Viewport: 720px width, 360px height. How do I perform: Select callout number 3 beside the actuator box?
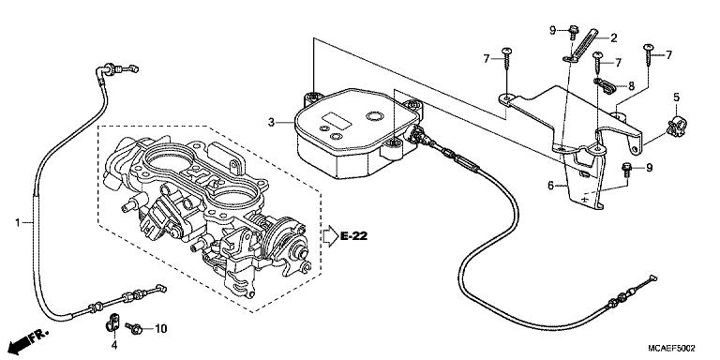(271, 122)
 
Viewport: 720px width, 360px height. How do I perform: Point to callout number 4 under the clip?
(114, 347)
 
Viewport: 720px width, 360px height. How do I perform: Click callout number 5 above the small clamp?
(675, 98)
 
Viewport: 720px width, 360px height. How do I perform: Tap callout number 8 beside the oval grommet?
(631, 85)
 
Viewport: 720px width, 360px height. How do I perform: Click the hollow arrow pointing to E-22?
(329, 235)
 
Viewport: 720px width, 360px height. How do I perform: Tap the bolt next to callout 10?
(136, 328)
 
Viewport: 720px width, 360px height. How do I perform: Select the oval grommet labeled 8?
(604, 87)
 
